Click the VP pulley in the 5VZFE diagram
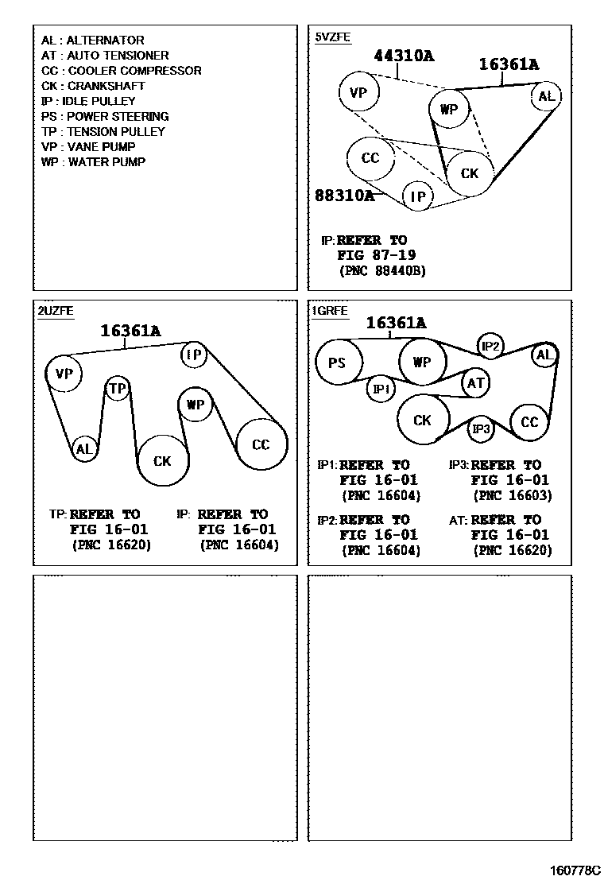point(358,93)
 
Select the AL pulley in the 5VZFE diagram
point(546,96)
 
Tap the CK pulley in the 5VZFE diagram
point(470,173)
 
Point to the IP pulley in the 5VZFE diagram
point(418,196)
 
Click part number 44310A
point(404,56)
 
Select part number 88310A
point(344,195)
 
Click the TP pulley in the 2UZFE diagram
point(118,388)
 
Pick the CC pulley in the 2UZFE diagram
point(261,444)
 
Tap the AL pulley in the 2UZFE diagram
point(83,449)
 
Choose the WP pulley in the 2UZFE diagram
point(196,404)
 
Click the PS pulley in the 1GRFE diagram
point(337,363)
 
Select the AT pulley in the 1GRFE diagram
point(475,383)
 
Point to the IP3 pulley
point(481,430)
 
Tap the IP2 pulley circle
point(490,346)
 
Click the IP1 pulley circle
point(381,389)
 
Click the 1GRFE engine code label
point(330,312)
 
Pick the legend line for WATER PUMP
point(93,162)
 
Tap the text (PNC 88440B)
point(382,270)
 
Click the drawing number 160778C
point(572,870)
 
